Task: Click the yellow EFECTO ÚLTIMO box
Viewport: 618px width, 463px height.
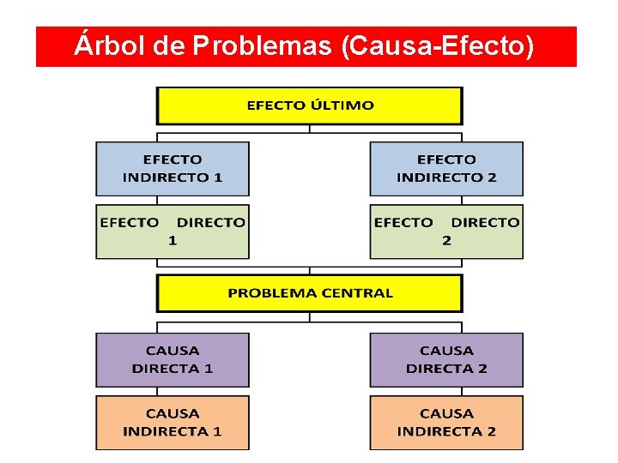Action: [x=309, y=105]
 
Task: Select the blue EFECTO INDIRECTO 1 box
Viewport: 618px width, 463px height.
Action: [x=172, y=168]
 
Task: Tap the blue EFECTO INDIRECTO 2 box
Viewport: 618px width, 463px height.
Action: [x=446, y=168]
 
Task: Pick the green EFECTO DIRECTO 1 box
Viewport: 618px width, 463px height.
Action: [x=172, y=231]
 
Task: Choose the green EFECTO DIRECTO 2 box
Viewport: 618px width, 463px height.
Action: [x=446, y=231]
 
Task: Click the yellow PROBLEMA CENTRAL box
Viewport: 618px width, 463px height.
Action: [x=309, y=293]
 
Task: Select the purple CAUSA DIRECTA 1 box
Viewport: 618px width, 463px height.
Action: [x=172, y=359]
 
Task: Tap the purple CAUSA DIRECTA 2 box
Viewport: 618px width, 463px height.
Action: [x=446, y=359]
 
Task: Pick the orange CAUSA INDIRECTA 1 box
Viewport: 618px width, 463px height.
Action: [x=172, y=422]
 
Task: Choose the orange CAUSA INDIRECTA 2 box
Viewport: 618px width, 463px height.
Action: [x=446, y=422]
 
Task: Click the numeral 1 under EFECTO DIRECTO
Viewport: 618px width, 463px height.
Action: [x=173, y=240]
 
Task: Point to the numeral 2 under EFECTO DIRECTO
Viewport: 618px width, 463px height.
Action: [x=446, y=240]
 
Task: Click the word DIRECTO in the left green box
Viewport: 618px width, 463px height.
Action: [x=210, y=222]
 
